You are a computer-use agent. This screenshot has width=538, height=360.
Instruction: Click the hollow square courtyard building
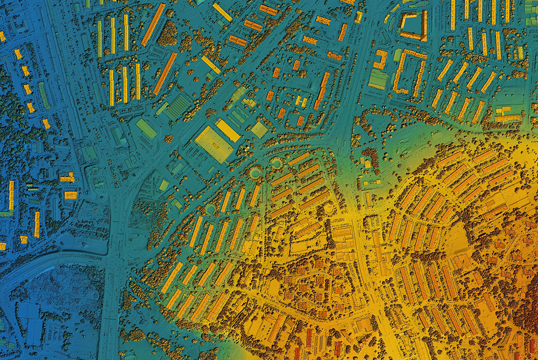pyautogui.click(x=413, y=25)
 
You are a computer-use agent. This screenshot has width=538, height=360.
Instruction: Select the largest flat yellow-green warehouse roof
pyautogui.click(x=214, y=144)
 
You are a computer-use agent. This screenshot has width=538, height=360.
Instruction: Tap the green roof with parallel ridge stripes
pyautogui.click(x=178, y=107)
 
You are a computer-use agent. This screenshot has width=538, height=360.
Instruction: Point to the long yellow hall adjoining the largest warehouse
pyautogui.click(x=228, y=130)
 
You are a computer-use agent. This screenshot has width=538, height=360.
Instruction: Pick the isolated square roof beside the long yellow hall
pyautogui.click(x=259, y=129)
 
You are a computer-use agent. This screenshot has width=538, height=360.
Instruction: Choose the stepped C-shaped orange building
pyautogui.click(x=380, y=59)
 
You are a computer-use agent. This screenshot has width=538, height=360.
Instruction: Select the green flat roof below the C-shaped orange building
pyautogui.click(x=378, y=79)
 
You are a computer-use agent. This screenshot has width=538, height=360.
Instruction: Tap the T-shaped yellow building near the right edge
pyautogui.click(x=507, y=114)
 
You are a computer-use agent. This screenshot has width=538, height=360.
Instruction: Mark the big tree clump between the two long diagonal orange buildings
pyautogui.click(x=167, y=33)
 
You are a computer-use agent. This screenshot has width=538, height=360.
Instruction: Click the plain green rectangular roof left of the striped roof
pyautogui.click(x=146, y=129)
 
